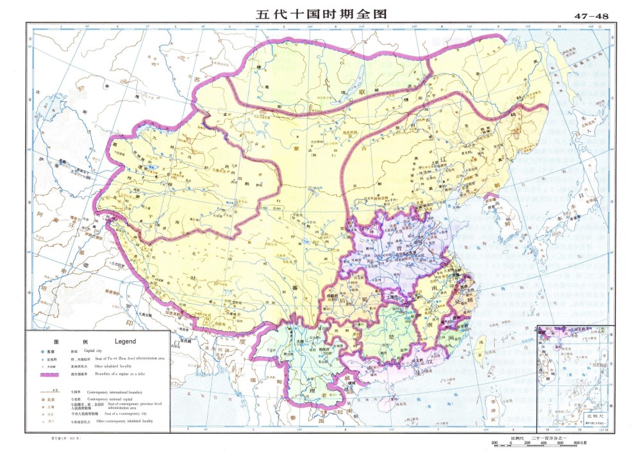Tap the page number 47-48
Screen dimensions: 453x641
coord(592,15)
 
